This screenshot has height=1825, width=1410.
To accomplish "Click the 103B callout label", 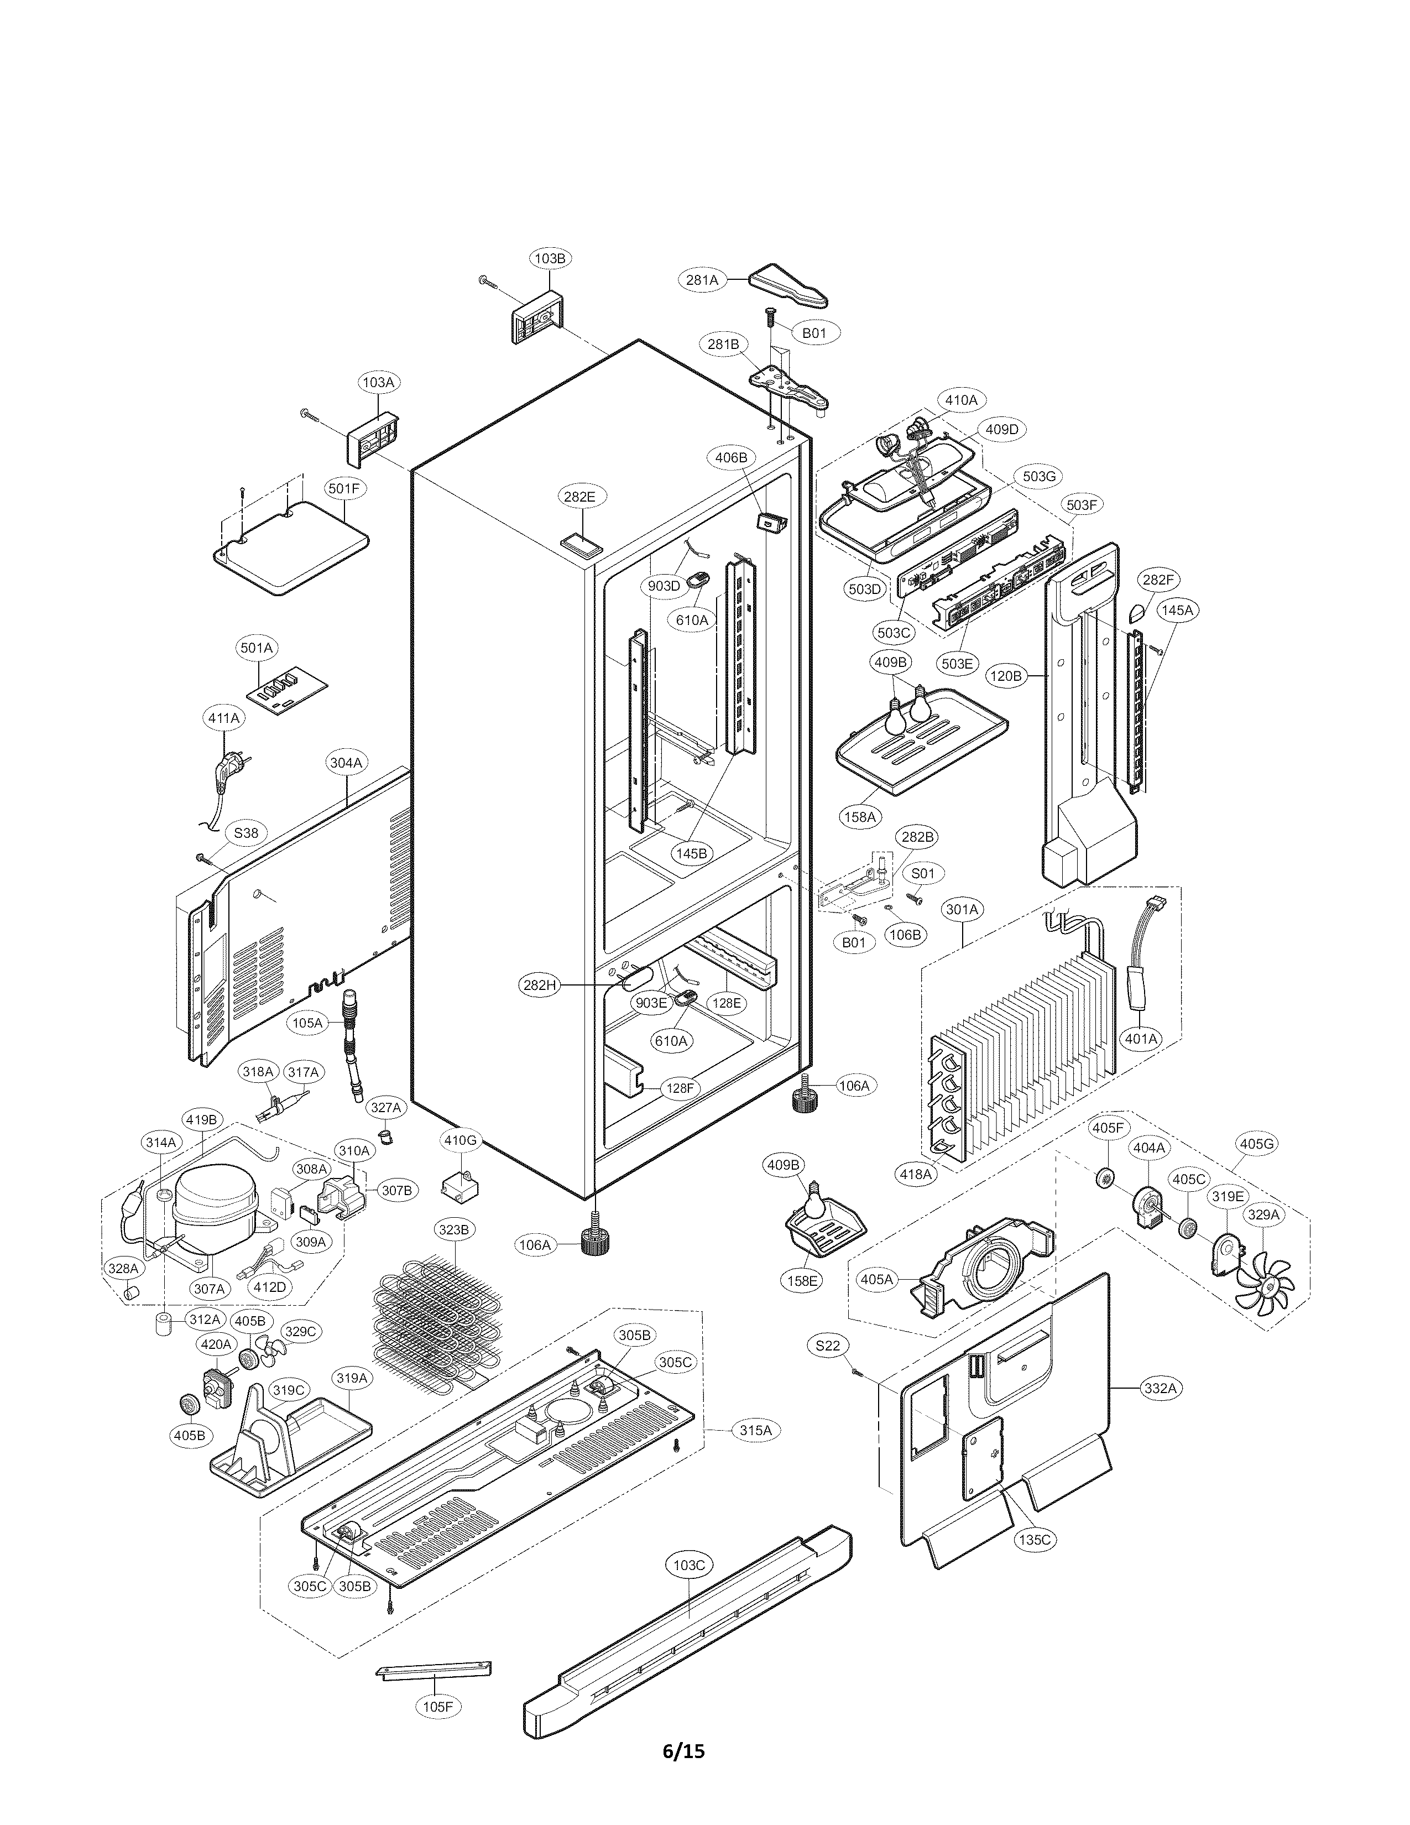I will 550,259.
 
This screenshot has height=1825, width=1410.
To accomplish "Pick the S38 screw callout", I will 246,833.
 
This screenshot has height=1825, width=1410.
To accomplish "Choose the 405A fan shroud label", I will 877,1279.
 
